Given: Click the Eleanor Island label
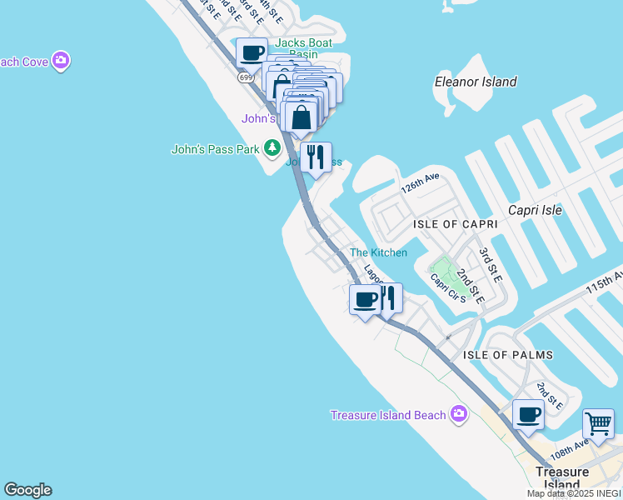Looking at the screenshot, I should (x=476, y=82).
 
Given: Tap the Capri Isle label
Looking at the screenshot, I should (x=535, y=210).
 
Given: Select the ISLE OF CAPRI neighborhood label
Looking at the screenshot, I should (x=455, y=224).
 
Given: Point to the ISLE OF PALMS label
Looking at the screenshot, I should (x=507, y=355).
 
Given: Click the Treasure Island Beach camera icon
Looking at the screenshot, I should (x=458, y=414).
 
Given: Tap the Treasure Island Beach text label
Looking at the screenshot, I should (x=388, y=415).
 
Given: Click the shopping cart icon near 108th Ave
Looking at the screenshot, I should (x=598, y=424).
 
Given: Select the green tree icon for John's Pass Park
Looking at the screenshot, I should (x=272, y=148).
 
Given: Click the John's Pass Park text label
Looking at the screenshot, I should (x=216, y=150).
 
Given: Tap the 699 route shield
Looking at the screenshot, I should (x=245, y=77).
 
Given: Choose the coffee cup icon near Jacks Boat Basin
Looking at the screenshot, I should (x=252, y=53).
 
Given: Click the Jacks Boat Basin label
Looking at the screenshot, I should (x=303, y=48).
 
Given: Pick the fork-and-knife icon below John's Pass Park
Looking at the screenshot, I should (x=316, y=157).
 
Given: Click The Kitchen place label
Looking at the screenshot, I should (x=378, y=252).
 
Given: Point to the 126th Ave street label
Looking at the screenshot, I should (x=419, y=184).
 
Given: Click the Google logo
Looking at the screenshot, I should (x=27, y=490).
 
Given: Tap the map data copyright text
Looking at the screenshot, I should (x=573, y=493).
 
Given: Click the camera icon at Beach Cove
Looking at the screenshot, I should (x=60, y=61).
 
